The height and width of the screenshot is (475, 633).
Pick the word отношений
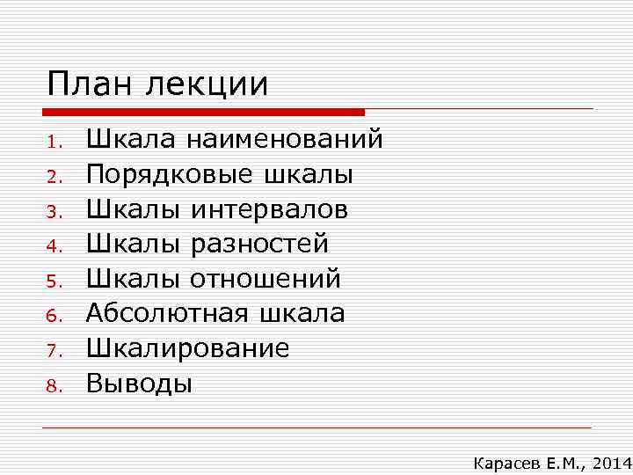265,280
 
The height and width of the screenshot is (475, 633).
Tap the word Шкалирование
187,349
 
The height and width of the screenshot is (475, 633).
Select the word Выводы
138,384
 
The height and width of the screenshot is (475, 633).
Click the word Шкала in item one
128,140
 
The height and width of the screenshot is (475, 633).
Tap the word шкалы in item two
309,175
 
